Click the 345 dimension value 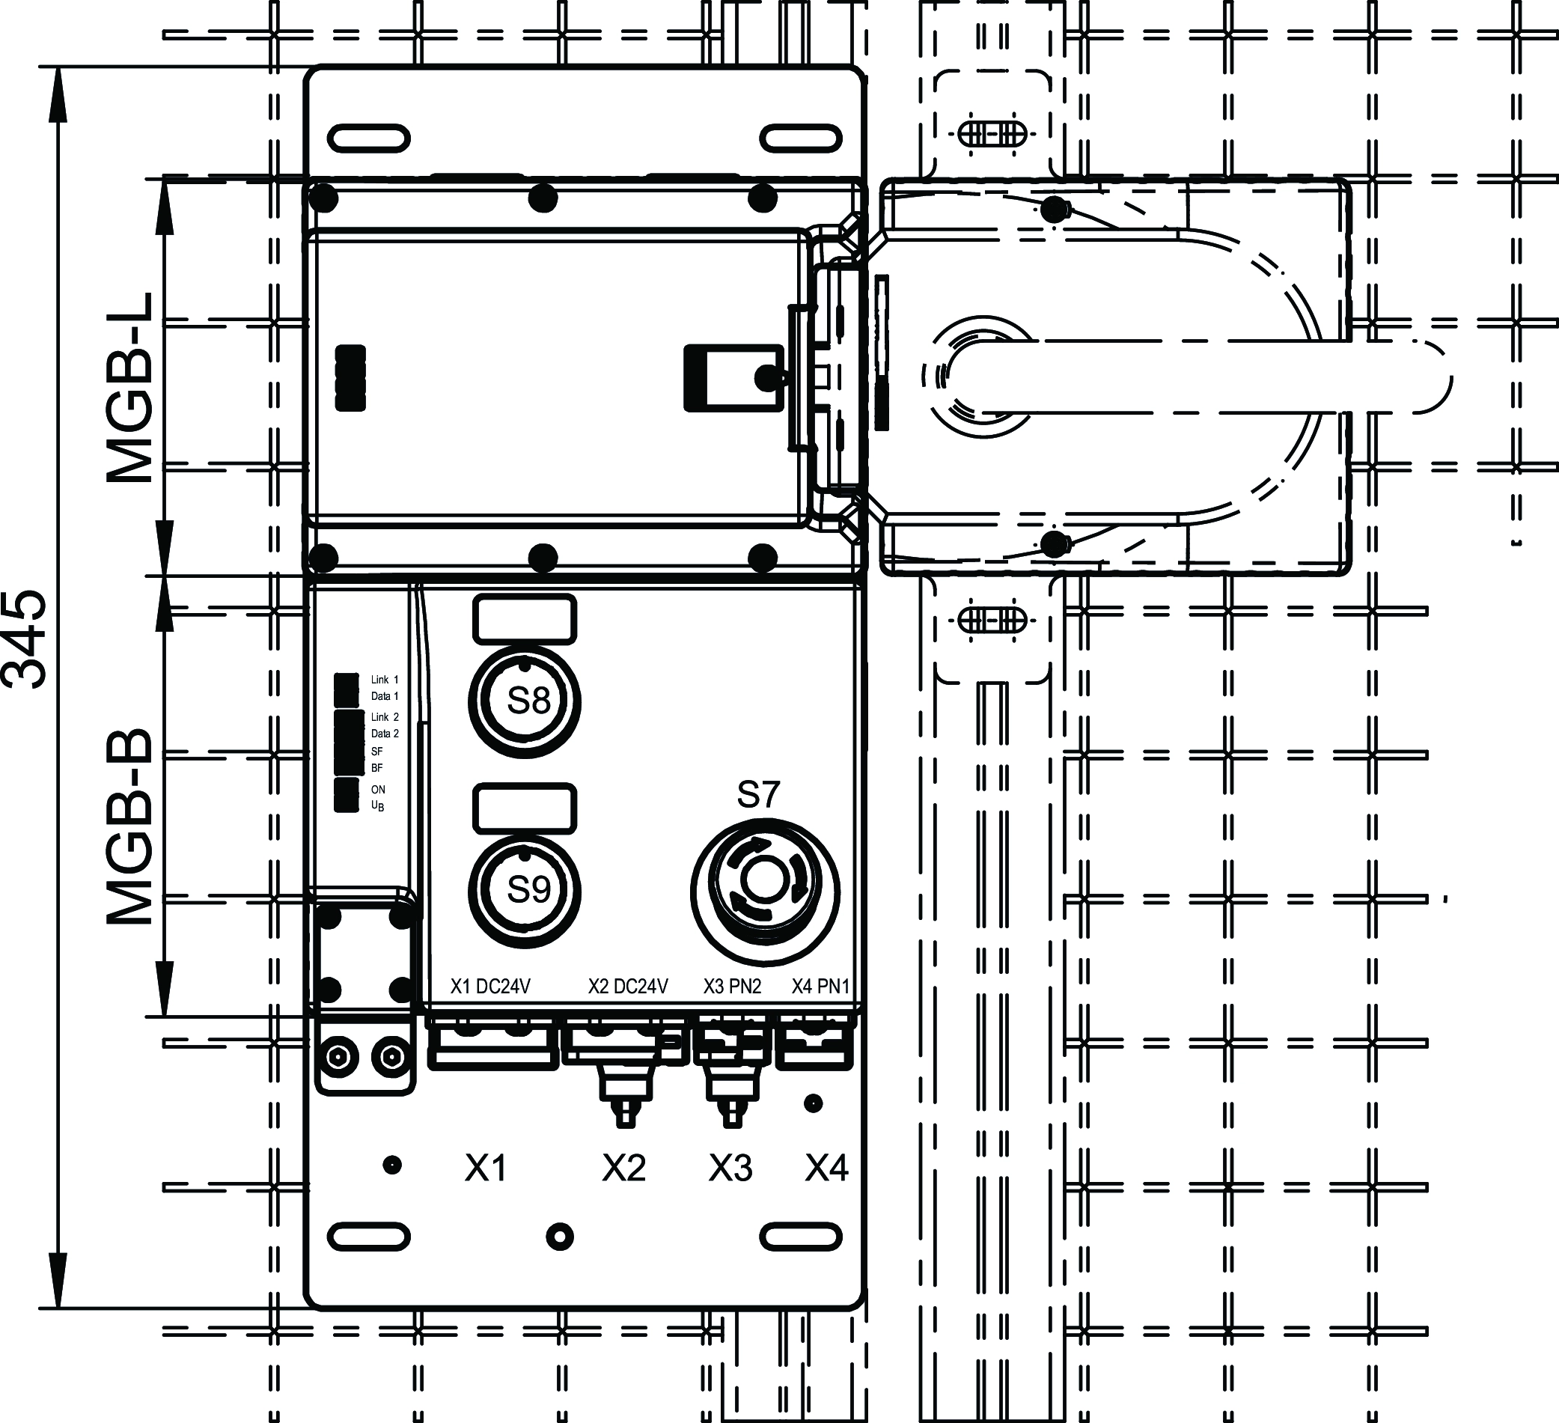25,639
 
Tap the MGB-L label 130,389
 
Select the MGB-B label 130,826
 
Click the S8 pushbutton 525,701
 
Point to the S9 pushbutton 525,891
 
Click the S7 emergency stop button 765,891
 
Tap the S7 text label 758,794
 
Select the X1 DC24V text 490,987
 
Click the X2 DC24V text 628,987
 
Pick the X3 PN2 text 731,987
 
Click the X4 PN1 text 820,987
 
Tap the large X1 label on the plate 486,1168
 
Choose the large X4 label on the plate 827,1168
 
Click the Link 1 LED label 385,680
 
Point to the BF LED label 377,768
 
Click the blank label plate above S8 525,620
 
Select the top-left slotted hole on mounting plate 369,139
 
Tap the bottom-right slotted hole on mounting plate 800,1237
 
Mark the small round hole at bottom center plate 559,1237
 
